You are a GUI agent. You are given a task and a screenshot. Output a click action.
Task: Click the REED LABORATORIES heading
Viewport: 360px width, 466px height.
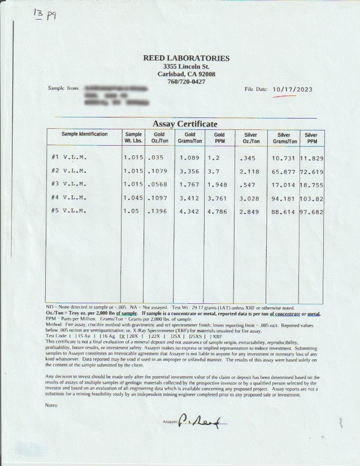click(186, 58)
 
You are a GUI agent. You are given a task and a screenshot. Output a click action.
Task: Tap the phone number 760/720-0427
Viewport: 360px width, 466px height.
click(186, 82)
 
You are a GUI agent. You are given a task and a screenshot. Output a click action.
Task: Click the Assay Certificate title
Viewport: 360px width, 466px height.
click(185, 124)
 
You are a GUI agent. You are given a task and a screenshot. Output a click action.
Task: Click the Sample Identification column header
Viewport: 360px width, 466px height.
click(84, 134)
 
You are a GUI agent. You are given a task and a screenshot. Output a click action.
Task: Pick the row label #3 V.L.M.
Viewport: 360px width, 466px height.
click(68, 184)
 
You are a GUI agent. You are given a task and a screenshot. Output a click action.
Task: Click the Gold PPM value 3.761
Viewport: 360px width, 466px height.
click(218, 197)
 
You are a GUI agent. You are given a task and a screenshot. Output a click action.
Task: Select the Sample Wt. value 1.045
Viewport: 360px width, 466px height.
click(134, 197)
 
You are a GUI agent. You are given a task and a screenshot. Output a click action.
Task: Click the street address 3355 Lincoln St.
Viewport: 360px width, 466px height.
click(186, 67)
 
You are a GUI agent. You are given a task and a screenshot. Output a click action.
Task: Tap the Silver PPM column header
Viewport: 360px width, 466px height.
click(311, 138)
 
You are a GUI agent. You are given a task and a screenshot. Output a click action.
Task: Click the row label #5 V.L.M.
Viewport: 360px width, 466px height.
click(68, 211)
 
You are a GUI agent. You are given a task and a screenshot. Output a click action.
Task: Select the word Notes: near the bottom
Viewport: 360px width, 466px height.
click(53, 405)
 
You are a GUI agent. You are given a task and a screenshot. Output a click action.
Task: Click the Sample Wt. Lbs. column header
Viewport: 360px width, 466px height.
click(133, 138)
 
